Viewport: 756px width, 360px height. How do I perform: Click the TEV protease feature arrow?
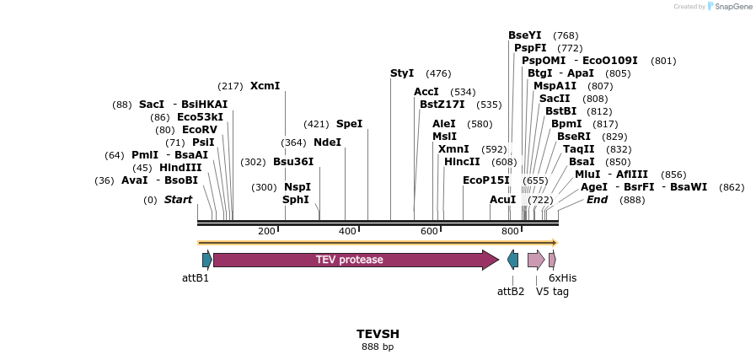(x=354, y=260)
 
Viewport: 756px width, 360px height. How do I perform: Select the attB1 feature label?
(x=196, y=277)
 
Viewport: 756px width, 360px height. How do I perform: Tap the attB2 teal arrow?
(x=512, y=260)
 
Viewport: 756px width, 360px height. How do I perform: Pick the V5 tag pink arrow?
(x=536, y=260)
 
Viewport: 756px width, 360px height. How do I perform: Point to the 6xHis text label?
(x=562, y=277)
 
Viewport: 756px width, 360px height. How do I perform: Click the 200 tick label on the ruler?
(x=266, y=232)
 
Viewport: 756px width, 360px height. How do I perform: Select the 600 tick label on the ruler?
(x=429, y=232)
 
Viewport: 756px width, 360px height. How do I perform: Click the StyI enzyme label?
(x=402, y=73)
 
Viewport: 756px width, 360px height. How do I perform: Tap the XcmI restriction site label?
(x=265, y=86)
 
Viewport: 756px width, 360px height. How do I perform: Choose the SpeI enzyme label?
(x=349, y=124)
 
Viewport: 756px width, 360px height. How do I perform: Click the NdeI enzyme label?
(x=327, y=142)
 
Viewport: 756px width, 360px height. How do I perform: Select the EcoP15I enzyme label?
(x=486, y=180)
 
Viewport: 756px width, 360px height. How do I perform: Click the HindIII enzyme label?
(x=180, y=168)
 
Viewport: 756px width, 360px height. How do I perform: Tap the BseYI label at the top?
(x=524, y=35)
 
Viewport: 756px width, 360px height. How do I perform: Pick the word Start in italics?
(x=178, y=200)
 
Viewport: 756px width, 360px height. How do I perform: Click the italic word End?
(x=597, y=200)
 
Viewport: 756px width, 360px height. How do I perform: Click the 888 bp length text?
(x=378, y=347)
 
